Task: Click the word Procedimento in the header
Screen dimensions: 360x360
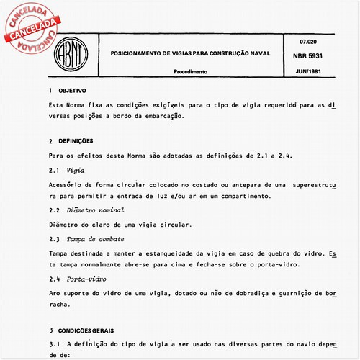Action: [x=191, y=72]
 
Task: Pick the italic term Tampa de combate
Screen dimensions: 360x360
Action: [x=96, y=238]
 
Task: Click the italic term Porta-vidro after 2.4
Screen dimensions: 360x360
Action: [x=90, y=278]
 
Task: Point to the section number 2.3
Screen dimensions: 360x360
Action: [x=54, y=238]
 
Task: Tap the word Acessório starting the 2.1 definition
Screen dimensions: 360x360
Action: [x=67, y=185]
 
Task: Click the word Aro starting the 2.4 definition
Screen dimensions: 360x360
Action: [x=55, y=293]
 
